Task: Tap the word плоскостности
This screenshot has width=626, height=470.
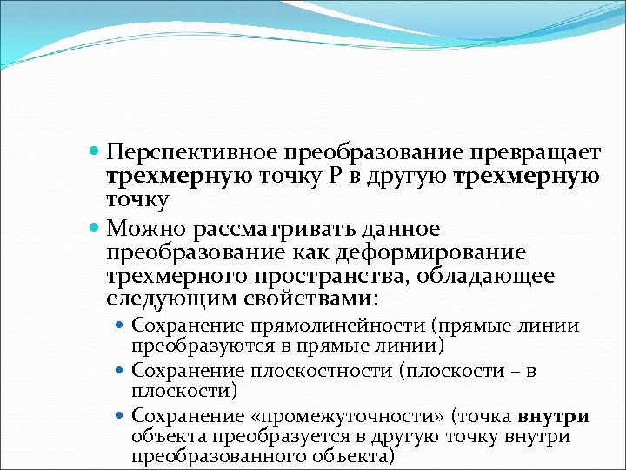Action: pos(321,372)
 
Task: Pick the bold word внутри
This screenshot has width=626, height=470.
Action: pos(555,417)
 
